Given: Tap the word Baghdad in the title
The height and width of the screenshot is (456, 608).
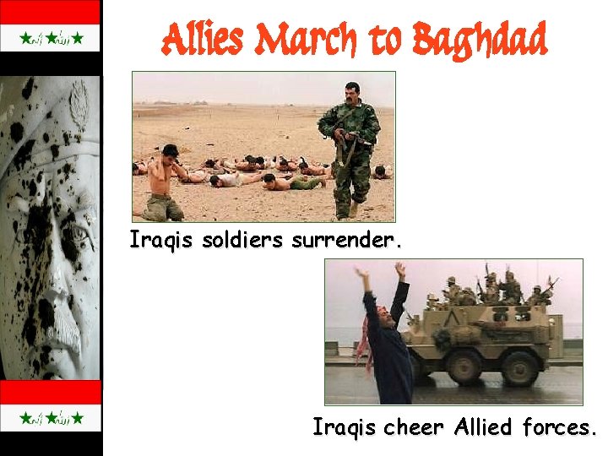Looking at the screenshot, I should coord(480,41).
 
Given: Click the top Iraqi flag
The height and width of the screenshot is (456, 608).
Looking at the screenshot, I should coord(51,38).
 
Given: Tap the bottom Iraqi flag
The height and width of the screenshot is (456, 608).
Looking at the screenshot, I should coord(51,417).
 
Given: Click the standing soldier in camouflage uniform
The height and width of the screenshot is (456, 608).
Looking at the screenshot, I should coord(350,148).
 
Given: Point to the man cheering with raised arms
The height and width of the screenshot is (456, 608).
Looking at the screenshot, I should coord(384,338).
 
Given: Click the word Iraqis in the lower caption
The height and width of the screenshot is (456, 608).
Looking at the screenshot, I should coord(345,428).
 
